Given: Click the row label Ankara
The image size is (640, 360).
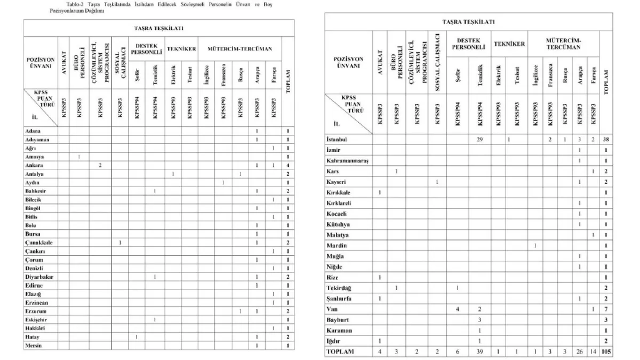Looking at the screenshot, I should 34,165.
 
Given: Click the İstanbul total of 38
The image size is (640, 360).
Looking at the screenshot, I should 606,139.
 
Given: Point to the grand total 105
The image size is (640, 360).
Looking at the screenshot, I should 606,351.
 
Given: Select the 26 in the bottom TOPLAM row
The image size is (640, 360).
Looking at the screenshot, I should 579,351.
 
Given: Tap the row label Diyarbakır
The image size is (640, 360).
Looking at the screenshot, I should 38,277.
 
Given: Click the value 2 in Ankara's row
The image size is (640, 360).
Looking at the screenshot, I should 100,165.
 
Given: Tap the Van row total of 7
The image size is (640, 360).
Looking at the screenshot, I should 606,309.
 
